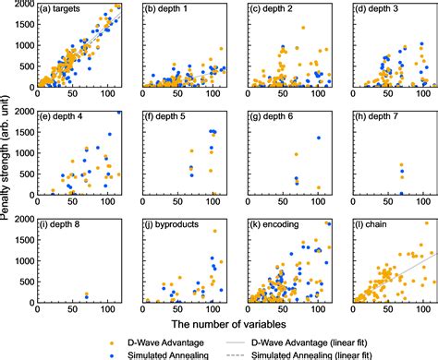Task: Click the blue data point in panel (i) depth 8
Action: [x=87, y=296]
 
